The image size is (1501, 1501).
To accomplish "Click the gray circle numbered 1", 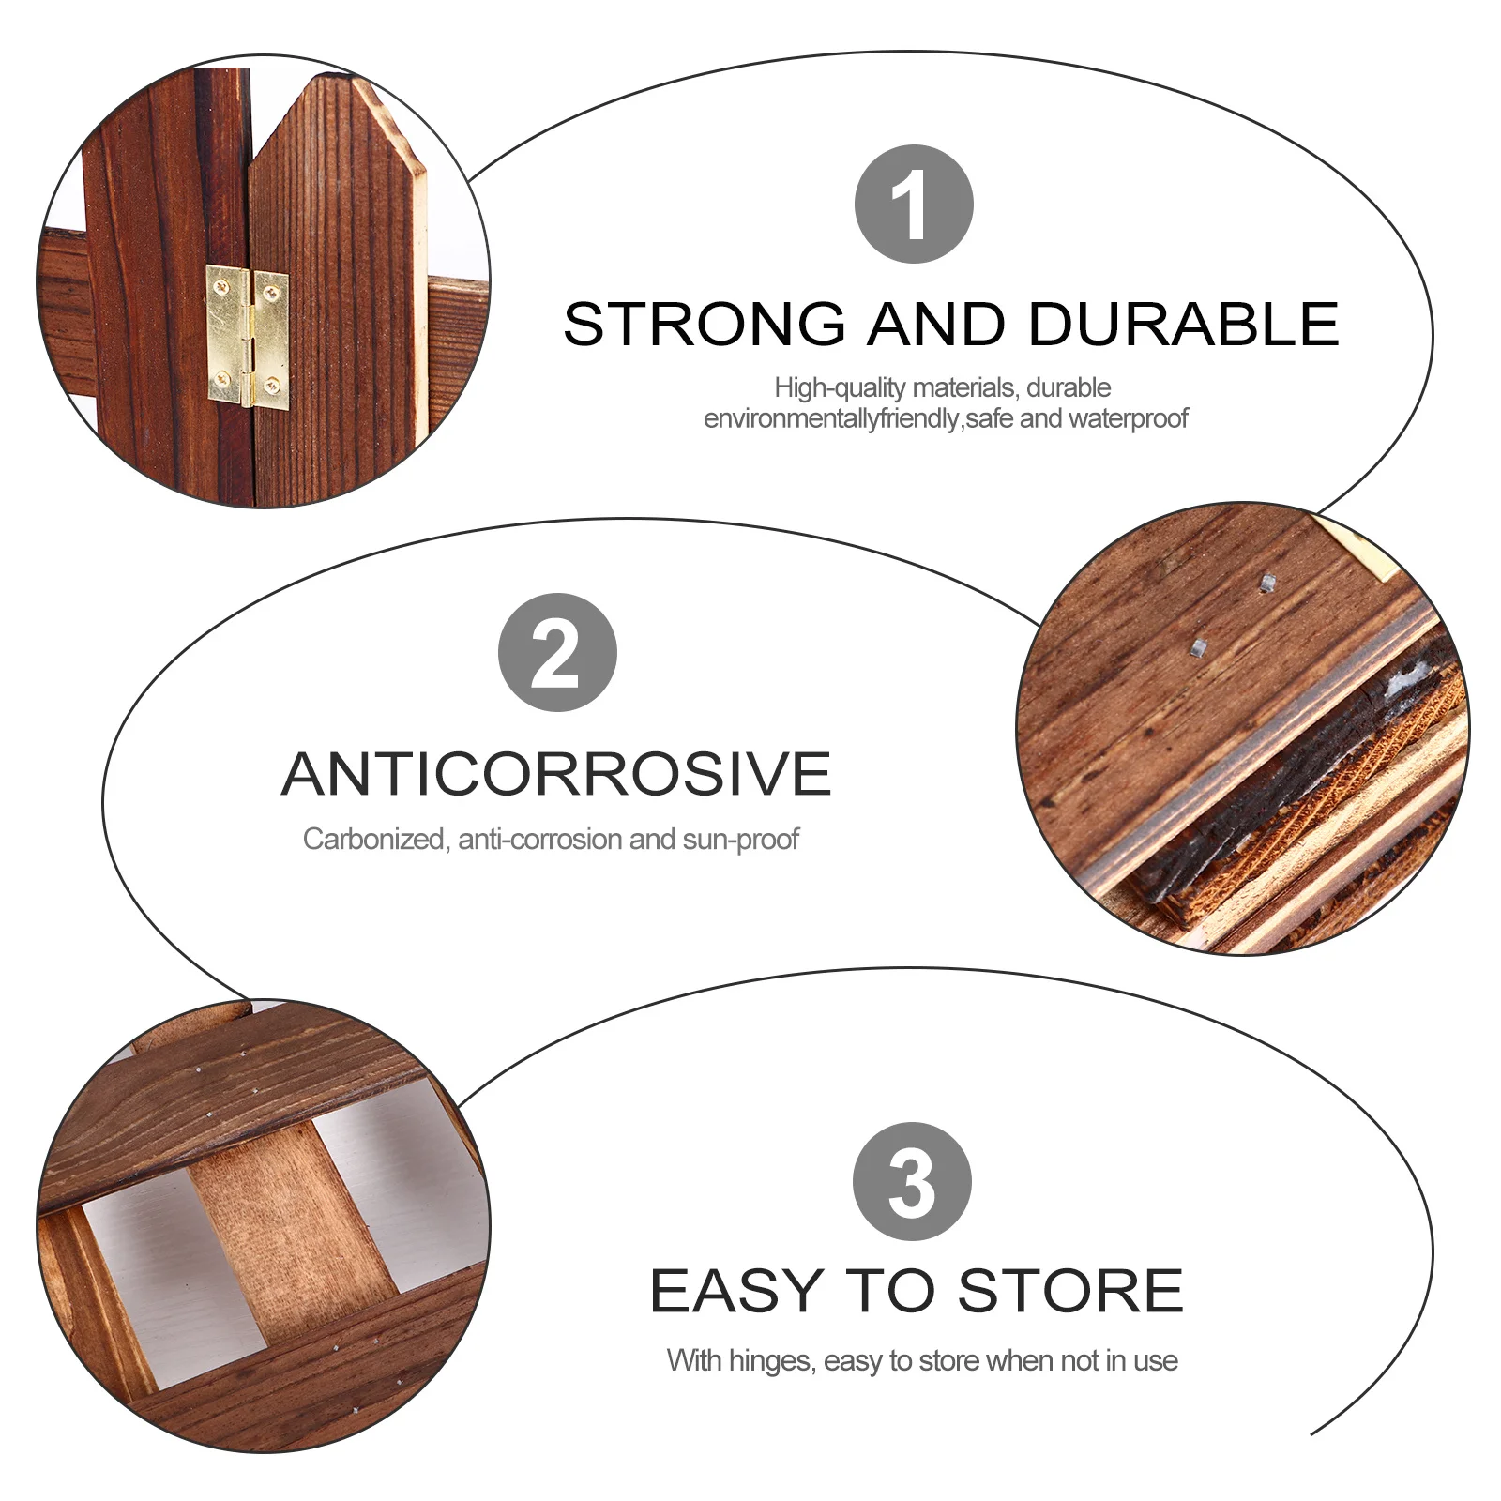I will [x=914, y=204].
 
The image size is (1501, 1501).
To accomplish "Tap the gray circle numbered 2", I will [x=557, y=652].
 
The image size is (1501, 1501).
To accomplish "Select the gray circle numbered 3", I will [x=912, y=1181].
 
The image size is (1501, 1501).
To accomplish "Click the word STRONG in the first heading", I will [x=705, y=325].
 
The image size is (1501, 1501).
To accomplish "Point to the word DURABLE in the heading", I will [x=1184, y=325].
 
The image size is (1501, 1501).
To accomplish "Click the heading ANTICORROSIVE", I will [x=556, y=774].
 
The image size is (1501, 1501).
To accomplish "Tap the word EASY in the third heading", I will [x=737, y=1291].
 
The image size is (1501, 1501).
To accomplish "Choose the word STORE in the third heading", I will [x=1070, y=1291].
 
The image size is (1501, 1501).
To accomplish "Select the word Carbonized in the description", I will [x=374, y=839].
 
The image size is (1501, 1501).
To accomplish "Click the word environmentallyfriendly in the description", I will [x=832, y=418].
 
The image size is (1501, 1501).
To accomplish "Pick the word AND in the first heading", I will [x=936, y=325].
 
